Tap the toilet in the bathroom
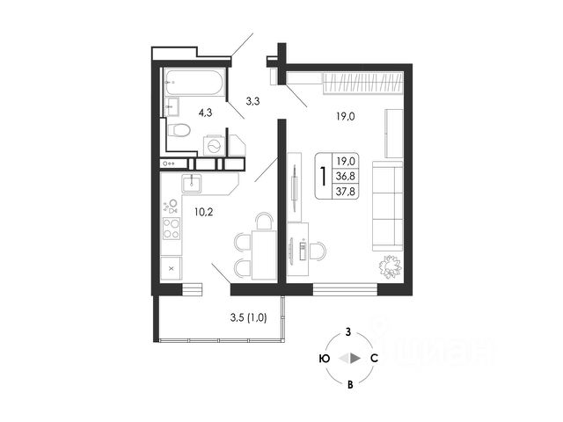click(180, 129)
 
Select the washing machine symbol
click(213, 145)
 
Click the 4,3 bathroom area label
click(204, 113)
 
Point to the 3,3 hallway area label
click(252, 101)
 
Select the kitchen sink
click(193, 183)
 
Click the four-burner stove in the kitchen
click(172, 229)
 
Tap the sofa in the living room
click(385, 205)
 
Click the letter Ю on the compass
click(325, 359)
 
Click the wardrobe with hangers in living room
click(362, 84)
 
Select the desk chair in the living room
click(316, 250)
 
